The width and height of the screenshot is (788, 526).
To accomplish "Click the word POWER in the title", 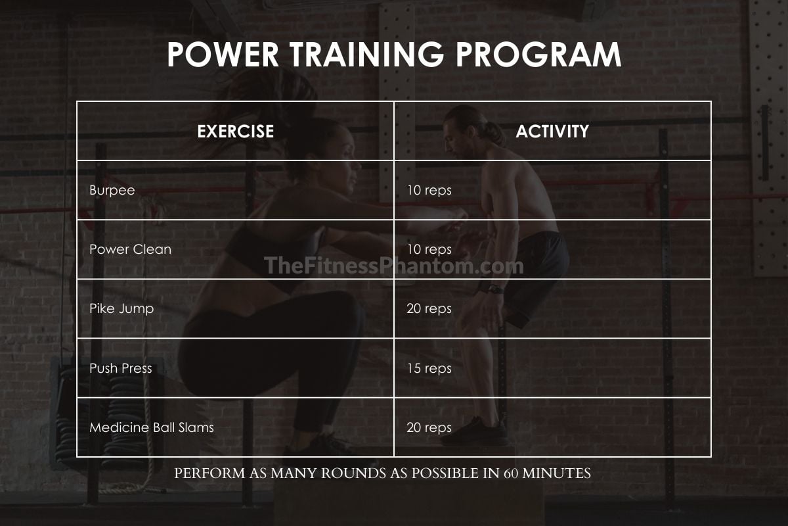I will [x=223, y=55].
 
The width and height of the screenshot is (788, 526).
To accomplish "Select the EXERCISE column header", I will [x=235, y=131].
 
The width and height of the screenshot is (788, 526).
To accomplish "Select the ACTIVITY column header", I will [x=552, y=131].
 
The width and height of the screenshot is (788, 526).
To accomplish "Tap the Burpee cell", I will [x=112, y=190].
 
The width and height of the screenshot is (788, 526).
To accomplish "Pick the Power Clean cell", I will [x=130, y=249].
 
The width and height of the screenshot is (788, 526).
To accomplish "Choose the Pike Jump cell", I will [x=121, y=308].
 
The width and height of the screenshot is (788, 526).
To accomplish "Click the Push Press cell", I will [x=121, y=368].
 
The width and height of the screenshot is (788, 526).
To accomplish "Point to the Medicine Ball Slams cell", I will [x=152, y=427].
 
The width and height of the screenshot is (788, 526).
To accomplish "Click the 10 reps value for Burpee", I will [x=429, y=190].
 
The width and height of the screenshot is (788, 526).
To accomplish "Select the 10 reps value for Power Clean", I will [x=429, y=249].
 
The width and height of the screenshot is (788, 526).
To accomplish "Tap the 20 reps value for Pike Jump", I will [x=429, y=308].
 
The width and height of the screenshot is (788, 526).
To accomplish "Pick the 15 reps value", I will [x=429, y=368].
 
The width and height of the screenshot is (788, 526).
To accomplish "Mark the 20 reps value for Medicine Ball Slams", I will [x=429, y=427].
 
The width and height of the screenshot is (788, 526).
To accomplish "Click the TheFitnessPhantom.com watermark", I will [x=393, y=266].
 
